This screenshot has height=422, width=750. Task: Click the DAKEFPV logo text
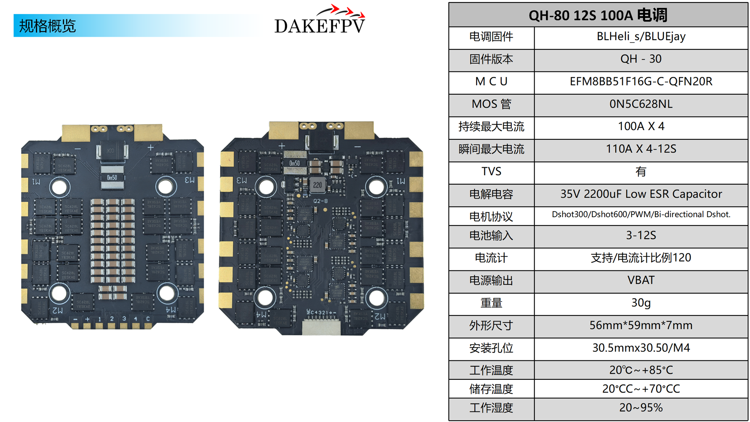click(x=319, y=26)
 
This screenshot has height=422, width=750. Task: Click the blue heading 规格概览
click(x=47, y=26)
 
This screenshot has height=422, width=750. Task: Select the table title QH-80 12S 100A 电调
click(x=598, y=15)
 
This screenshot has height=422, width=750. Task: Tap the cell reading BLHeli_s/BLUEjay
click(x=641, y=37)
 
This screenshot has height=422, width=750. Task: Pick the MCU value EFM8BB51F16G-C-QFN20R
click(x=641, y=82)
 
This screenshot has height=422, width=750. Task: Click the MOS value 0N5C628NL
click(x=641, y=104)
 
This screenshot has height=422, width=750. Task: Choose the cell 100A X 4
click(x=641, y=127)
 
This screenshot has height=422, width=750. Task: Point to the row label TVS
click(x=491, y=172)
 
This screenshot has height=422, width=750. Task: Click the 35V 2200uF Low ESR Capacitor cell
click(x=641, y=194)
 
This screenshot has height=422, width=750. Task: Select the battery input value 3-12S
click(x=641, y=236)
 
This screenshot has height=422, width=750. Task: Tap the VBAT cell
click(x=641, y=280)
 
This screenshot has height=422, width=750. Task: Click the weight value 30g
click(x=641, y=303)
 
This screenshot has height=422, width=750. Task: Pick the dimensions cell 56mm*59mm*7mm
click(x=641, y=326)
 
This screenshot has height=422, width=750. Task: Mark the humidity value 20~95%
click(x=641, y=408)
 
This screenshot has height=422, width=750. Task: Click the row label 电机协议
click(x=491, y=217)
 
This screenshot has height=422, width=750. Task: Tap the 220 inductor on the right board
click(x=317, y=185)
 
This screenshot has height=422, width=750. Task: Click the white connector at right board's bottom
click(x=321, y=327)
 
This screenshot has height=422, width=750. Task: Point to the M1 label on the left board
click(x=36, y=182)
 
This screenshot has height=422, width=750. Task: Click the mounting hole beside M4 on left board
click(x=166, y=293)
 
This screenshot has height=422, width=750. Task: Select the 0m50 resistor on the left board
click(x=112, y=178)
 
